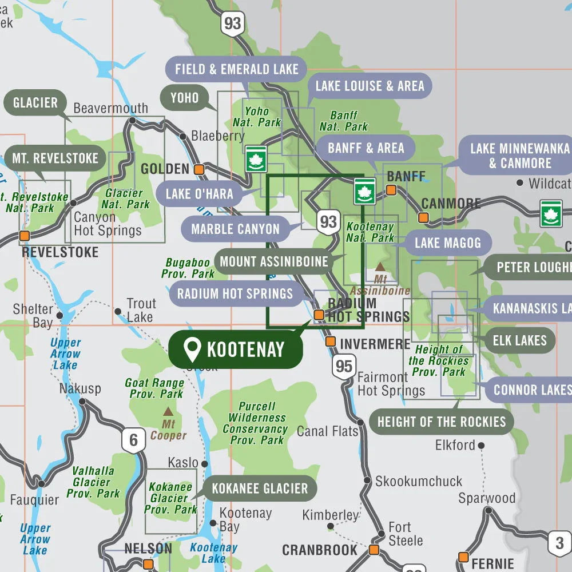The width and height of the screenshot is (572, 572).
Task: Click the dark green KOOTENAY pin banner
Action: coord(235,349)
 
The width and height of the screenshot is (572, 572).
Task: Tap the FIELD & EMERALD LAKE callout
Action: coord(236,70)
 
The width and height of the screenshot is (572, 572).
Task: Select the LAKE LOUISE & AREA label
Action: coord(370,86)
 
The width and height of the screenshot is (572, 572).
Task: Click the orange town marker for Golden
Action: coord(199,169)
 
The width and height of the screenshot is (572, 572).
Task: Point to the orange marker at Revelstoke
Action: coord(25,236)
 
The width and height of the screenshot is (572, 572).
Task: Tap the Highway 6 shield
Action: coord(133,440)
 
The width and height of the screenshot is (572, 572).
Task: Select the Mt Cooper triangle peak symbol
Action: coord(168,411)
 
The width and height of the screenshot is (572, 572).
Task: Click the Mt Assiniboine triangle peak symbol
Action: coord(380,267)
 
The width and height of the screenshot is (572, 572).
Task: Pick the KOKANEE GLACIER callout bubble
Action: coord(259,488)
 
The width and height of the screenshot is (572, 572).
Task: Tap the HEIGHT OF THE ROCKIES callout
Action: coord(441,422)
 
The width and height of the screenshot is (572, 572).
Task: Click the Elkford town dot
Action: coord(482,446)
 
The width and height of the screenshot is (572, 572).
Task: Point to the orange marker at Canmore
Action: coord(423,217)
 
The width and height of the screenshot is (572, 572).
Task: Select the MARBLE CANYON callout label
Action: coord(235,229)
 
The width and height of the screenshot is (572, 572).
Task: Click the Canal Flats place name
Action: coord(327,431)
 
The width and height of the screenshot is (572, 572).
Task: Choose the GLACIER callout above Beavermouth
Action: coord(35,103)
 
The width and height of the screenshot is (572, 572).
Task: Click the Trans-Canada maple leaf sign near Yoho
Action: coord(255,158)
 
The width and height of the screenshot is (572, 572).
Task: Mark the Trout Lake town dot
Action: coord(118,312)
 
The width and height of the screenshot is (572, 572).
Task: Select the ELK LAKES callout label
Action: coord(519,340)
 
